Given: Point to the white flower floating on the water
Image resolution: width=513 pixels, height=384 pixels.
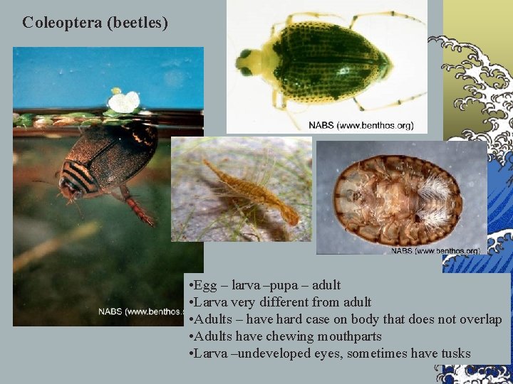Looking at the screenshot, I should [x=125, y=102].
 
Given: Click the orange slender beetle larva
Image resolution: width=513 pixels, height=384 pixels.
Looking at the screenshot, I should [x=249, y=188].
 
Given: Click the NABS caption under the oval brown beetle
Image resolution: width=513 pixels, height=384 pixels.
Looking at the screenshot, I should [x=435, y=250].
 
